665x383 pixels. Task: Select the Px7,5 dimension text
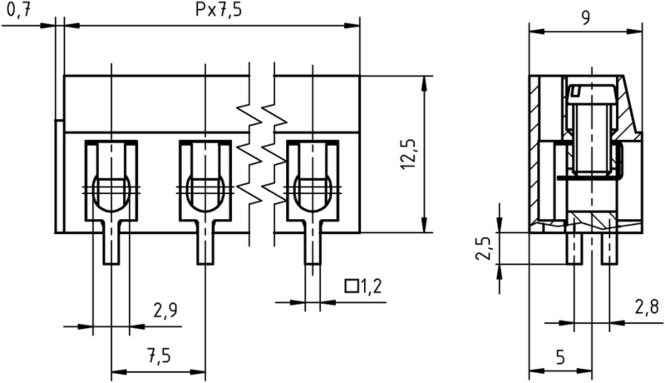219,11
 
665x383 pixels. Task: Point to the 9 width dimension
585,18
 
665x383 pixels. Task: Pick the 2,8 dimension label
647,308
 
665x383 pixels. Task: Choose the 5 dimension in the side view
560,357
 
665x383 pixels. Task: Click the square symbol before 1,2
351,286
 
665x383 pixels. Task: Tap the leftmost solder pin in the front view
111,248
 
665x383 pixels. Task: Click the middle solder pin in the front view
205,248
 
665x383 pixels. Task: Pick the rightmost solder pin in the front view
313,248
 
